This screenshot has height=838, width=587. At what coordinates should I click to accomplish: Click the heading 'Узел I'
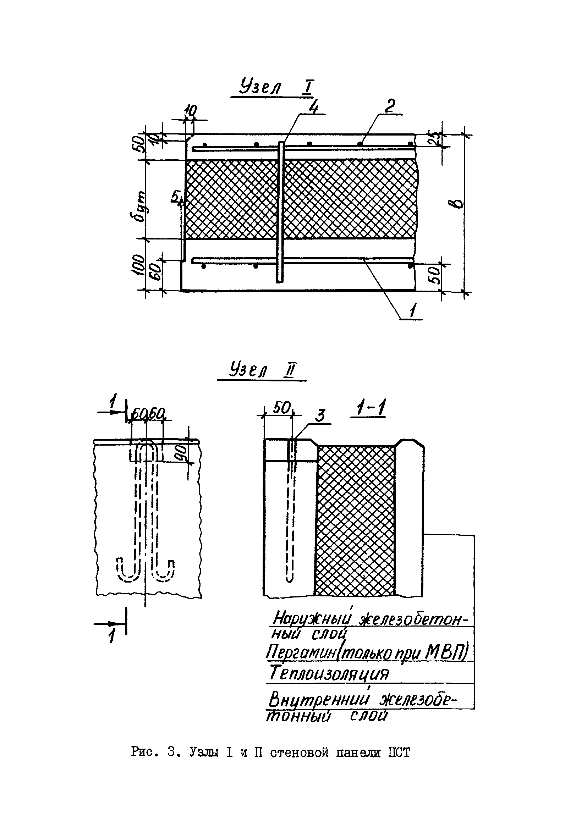(276, 88)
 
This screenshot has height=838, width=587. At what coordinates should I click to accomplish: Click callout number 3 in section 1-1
(320, 416)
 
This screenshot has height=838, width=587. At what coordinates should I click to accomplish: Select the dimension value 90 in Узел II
(182, 452)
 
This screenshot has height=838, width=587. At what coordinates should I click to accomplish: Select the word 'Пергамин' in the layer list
(301, 652)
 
